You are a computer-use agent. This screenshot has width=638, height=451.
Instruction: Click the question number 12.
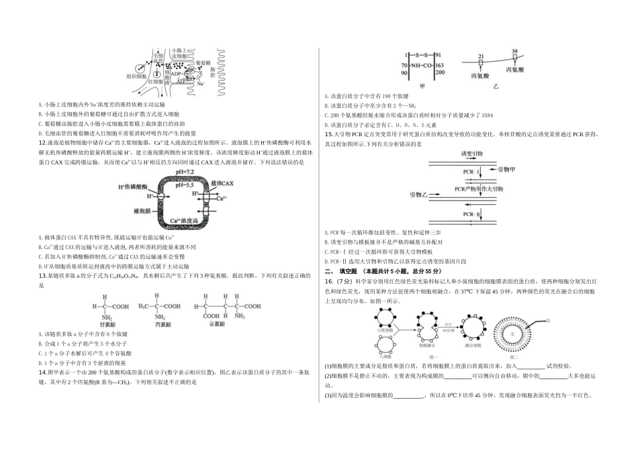pos(42,143)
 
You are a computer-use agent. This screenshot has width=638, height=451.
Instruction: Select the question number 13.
pos(42,275)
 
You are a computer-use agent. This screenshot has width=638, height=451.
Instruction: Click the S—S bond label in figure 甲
pos(421,55)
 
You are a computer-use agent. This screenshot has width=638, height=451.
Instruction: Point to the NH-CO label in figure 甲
pos(421,65)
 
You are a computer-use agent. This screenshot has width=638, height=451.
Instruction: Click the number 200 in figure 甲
pos(440,72)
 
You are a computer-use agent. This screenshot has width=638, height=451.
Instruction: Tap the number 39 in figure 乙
pos(514,52)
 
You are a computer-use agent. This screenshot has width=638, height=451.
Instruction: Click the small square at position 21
pos(481,63)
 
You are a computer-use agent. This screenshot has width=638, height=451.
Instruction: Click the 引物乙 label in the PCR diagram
pos(419,194)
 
